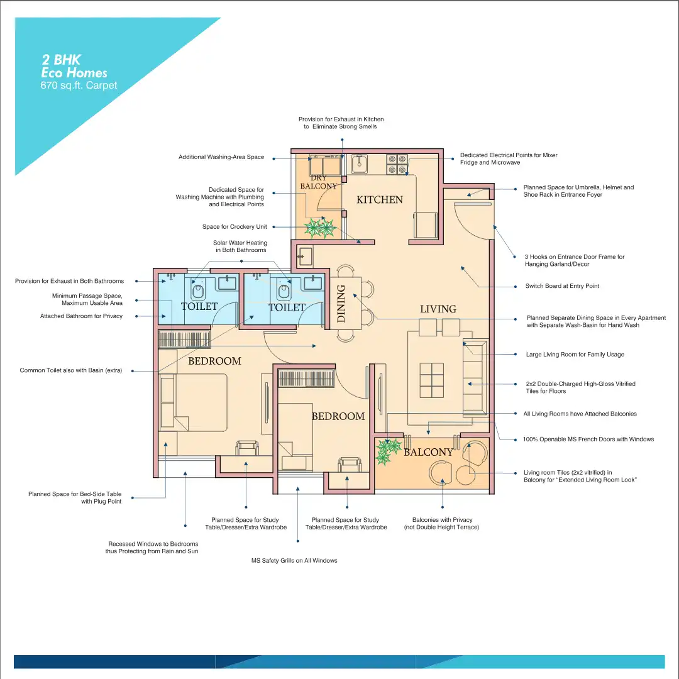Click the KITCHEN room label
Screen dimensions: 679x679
coord(379,200)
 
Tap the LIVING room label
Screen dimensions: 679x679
coord(438,309)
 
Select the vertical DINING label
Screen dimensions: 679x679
coord(341,304)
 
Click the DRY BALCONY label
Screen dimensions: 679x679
coord(319,182)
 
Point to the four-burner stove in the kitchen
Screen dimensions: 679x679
coord(397,164)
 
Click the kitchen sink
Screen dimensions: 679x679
coord(359,163)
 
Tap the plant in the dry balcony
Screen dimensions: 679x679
coord(320,228)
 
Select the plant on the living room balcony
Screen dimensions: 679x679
coord(387,451)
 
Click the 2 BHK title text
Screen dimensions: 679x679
coord(61,60)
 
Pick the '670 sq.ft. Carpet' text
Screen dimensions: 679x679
coord(79,86)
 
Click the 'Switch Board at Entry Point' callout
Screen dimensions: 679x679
coord(562,286)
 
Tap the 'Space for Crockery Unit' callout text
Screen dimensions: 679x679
coord(235,226)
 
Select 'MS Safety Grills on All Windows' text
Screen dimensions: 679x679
coord(294,560)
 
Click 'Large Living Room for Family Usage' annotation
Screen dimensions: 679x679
coord(575,354)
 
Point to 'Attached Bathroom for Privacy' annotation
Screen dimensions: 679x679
coord(81,316)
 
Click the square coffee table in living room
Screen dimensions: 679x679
coord(432,380)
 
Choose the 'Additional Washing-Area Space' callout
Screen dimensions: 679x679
coord(221,157)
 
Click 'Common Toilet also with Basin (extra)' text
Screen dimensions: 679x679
coord(71,370)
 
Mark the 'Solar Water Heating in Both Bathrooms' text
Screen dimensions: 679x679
coord(241,246)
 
